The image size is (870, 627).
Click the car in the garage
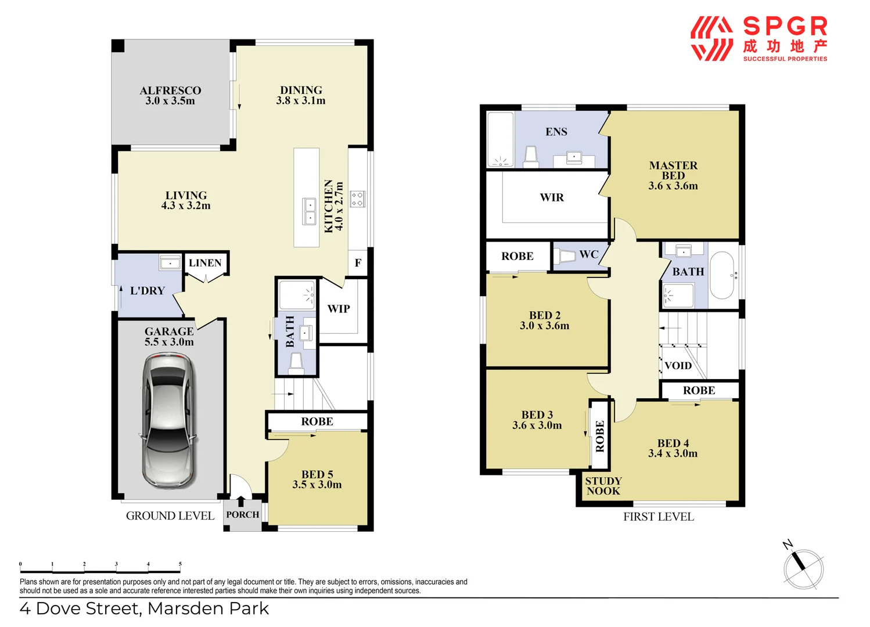168,421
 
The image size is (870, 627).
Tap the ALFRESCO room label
170,95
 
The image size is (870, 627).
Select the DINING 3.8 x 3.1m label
301,95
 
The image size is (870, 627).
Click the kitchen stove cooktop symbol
357,199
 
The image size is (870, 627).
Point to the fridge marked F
358,263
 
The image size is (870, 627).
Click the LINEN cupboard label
205,263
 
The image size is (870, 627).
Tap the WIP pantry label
339,309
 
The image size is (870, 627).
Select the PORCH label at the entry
243,514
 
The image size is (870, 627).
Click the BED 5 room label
317,480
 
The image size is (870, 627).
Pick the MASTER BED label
673,175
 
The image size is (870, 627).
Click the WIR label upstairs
552,197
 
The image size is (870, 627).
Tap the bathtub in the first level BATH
722,275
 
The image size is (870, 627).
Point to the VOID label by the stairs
678,366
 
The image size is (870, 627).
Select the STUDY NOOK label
603,486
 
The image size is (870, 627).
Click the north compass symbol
803,568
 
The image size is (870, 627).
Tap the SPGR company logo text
785,27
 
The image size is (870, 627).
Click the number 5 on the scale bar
180,564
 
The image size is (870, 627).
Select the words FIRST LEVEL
659,517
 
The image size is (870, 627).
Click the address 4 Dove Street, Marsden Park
144,608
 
